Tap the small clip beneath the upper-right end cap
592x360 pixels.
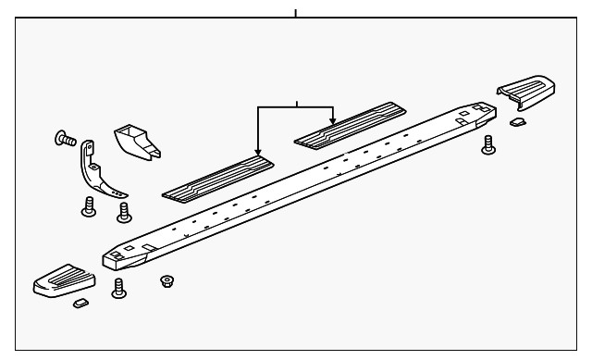[518, 120]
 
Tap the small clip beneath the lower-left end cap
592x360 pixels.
[80, 303]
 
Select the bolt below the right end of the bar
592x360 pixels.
[488, 143]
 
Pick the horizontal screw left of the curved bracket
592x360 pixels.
[66, 140]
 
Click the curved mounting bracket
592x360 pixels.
[100, 172]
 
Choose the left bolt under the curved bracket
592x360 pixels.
[90, 206]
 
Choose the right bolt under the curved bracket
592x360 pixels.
[123, 214]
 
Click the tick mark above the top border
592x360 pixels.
[296, 13]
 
